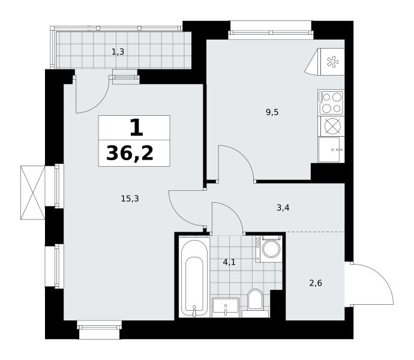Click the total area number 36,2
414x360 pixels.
(x=130, y=154)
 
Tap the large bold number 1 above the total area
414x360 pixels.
(x=137, y=128)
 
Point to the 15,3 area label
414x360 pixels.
(x=130, y=199)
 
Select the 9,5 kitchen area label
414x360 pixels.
(x=272, y=113)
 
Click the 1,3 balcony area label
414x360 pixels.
(x=118, y=52)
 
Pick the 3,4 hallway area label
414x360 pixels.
(x=283, y=208)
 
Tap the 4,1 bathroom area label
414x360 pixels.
(x=229, y=262)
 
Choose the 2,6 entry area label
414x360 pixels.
(x=316, y=283)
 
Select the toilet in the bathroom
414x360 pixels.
(x=256, y=300)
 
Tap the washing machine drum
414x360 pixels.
(x=271, y=249)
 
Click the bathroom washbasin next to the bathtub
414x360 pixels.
(x=226, y=308)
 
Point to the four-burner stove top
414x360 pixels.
(x=331, y=103)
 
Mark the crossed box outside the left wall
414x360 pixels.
(x=33, y=193)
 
